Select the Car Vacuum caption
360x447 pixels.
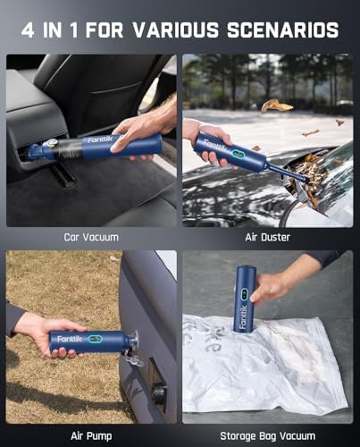[92, 237]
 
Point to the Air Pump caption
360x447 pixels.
[92, 435]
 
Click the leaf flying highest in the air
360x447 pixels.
[276, 105]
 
